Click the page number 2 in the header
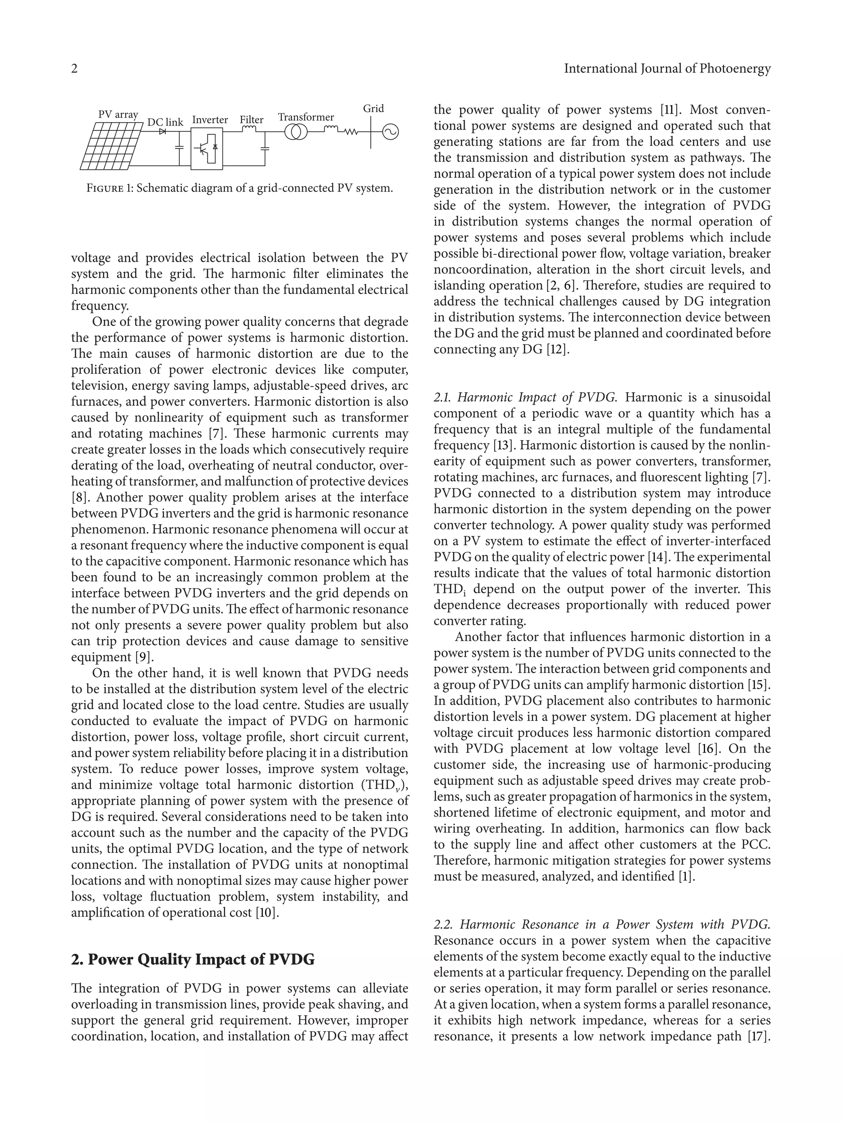[74, 69]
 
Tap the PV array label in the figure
[118, 114]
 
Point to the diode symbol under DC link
[163, 132]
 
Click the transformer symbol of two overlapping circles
[296, 132]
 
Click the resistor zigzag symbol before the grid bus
[351, 132]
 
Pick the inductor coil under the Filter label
[249, 130]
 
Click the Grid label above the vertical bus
[373, 108]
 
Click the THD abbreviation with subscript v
[382, 785]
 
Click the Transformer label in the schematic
[305, 117]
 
